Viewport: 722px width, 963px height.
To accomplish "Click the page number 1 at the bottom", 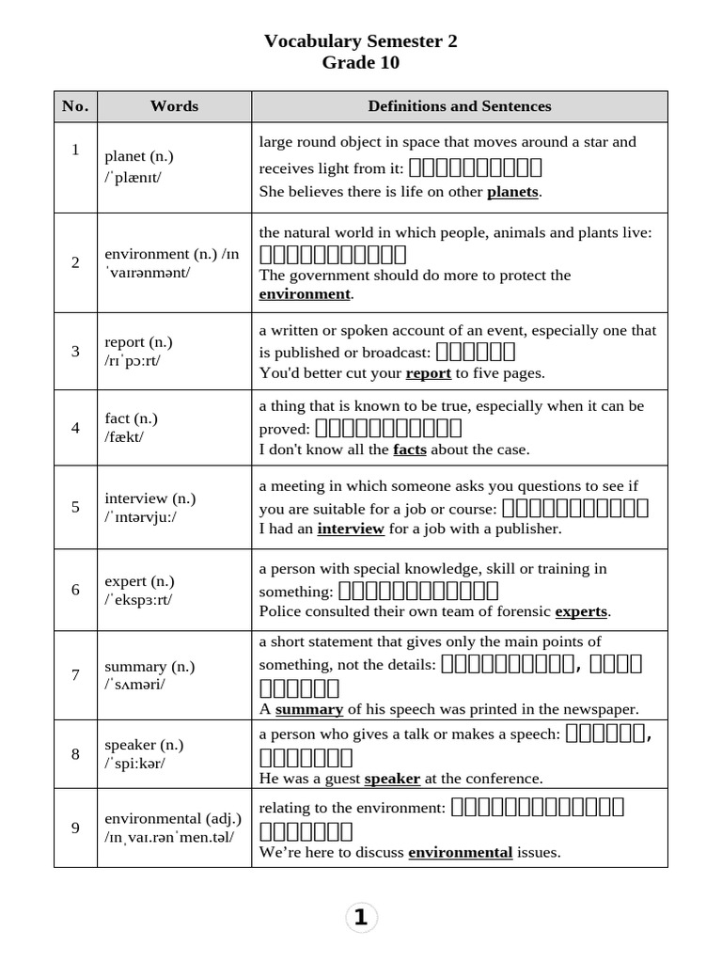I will pos(361,918).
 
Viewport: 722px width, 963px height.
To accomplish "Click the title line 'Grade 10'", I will pos(361,63).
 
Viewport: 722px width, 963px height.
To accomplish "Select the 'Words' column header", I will pos(174,106).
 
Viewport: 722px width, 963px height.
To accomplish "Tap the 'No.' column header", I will pos(75,106).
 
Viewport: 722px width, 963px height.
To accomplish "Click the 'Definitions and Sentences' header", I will pos(459,106).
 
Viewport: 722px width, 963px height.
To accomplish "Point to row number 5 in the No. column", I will pos(75,507).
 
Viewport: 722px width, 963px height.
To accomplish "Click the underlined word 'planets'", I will pos(512,192).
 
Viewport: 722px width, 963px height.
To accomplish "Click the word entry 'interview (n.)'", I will pos(150,498).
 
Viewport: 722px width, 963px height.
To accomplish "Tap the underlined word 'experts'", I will pos(581,611).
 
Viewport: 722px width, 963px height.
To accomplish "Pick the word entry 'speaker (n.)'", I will pos(144,745).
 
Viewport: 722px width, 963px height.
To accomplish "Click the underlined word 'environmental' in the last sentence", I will pos(460,853).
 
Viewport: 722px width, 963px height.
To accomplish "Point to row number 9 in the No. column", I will pos(75,828).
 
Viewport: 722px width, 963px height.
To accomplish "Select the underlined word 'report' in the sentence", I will pos(429,373).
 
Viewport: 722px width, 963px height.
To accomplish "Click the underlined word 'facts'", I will pos(410,450).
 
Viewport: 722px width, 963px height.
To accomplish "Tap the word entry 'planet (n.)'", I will pos(139,157).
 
